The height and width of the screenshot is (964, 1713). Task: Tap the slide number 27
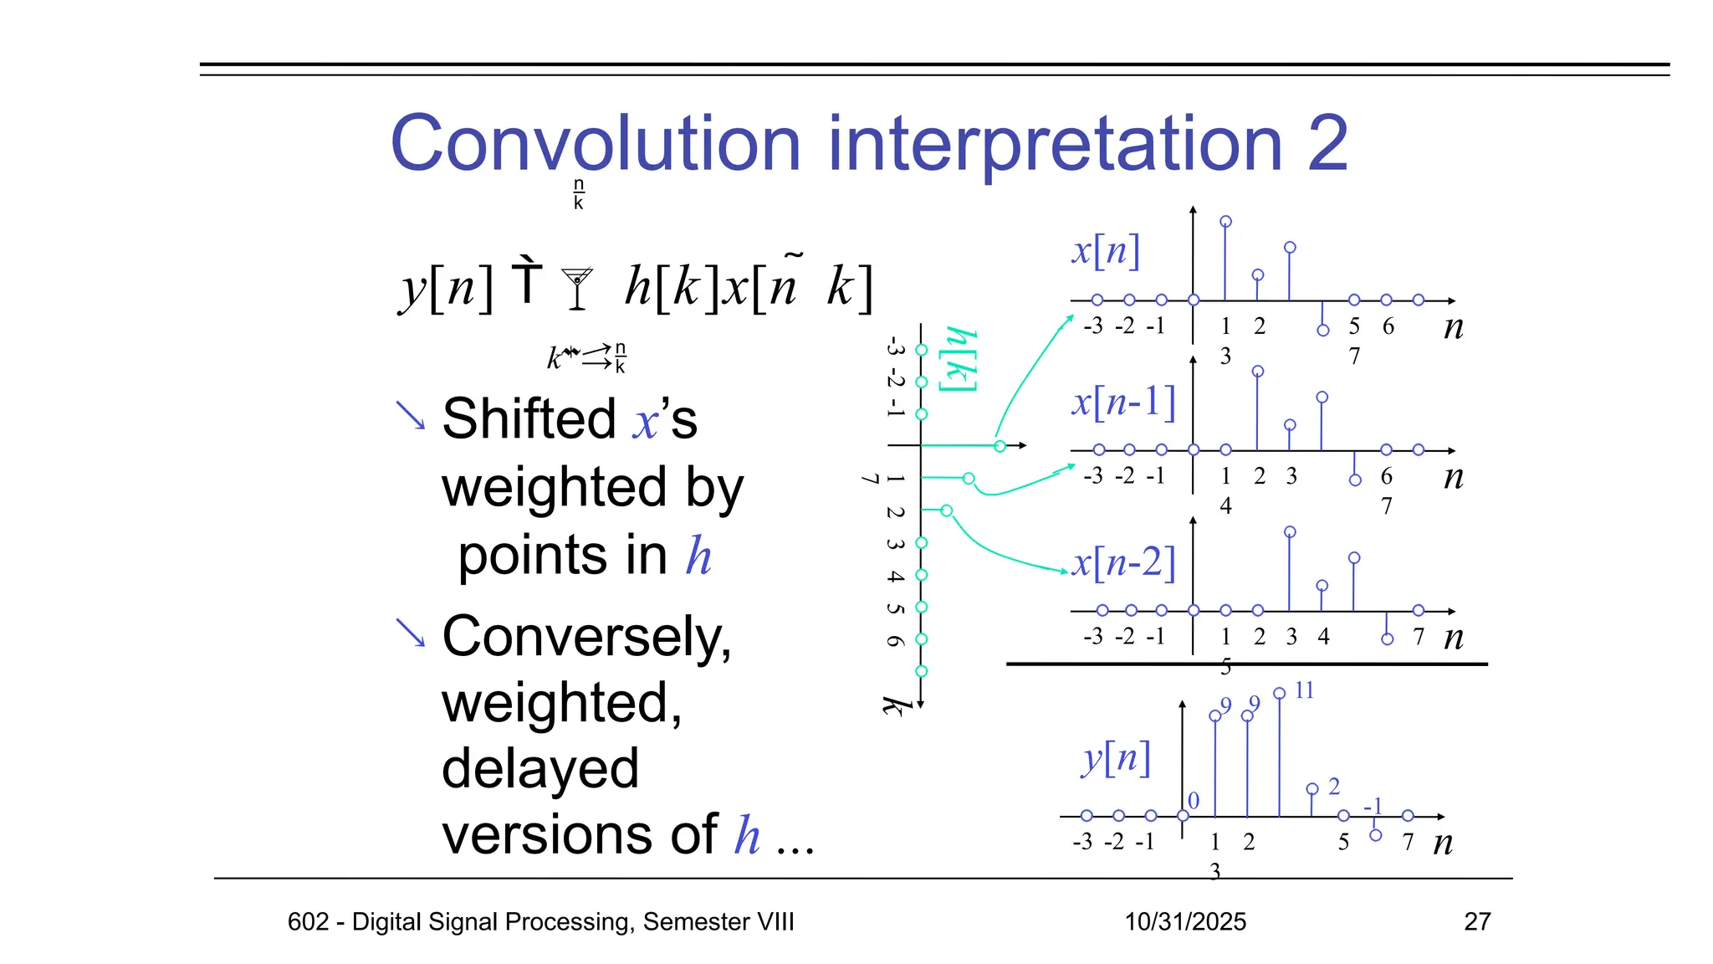pyautogui.click(x=1477, y=921)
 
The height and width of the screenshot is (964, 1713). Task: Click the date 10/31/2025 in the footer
pyautogui.click(x=1184, y=921)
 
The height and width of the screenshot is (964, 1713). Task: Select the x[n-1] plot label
pyautogui.click(x=1123, y=402)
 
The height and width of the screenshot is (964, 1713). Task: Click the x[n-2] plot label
pyautogui.click(x=1123, y=562)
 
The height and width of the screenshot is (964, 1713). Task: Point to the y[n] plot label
pyautogui.click(x=1116, y=758)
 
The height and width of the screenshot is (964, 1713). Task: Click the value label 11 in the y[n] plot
pyautogui.click(x=1304, y=690)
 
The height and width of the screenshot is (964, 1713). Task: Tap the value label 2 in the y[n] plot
pyautogui.click(x=1334, y=786)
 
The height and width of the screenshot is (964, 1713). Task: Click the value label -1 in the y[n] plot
pyautogui.click(x=1373, y=806)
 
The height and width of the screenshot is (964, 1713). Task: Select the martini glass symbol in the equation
pyautogui.click(x=577, y=288)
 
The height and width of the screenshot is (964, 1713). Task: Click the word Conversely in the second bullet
pyautogui.click(x=586, y=636)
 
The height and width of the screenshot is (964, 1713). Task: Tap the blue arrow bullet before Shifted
pyautogui.click(x=410, y=415)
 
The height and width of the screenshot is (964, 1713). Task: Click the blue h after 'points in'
pyautogui.click(x=698, y=556)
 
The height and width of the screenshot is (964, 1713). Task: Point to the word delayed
pyautogui.click(x=539, y=768)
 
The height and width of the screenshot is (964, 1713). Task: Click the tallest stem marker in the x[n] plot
pyautogui.click(x=1225, y=222)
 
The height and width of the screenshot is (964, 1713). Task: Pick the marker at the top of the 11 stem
pyautogui.click(x=1279, y=693)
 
